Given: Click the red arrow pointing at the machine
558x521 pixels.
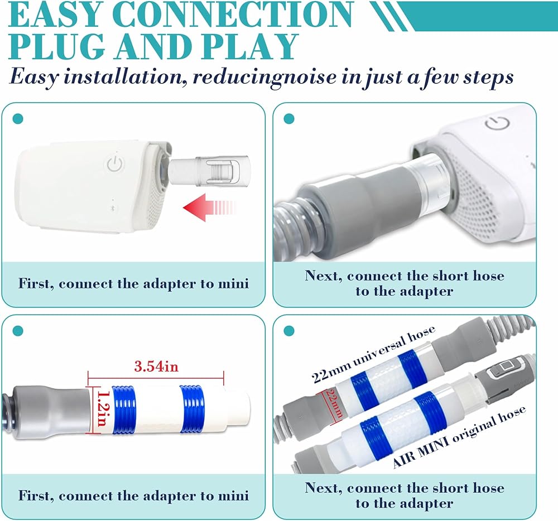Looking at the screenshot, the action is tap(209, 207).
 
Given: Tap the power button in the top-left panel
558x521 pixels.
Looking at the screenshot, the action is tap(115, 165).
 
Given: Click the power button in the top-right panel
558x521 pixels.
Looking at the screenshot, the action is tap(498, 122).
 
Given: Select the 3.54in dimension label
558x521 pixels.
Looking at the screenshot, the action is tap(156, 366).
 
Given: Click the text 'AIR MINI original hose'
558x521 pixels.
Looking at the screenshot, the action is tap(459, 437).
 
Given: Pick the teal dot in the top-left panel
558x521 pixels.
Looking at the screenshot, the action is tap(18, 119).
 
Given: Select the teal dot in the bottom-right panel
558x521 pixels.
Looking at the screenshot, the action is tap(289, 331).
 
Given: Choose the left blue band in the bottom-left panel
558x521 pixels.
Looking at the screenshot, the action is tap(124, 409).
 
